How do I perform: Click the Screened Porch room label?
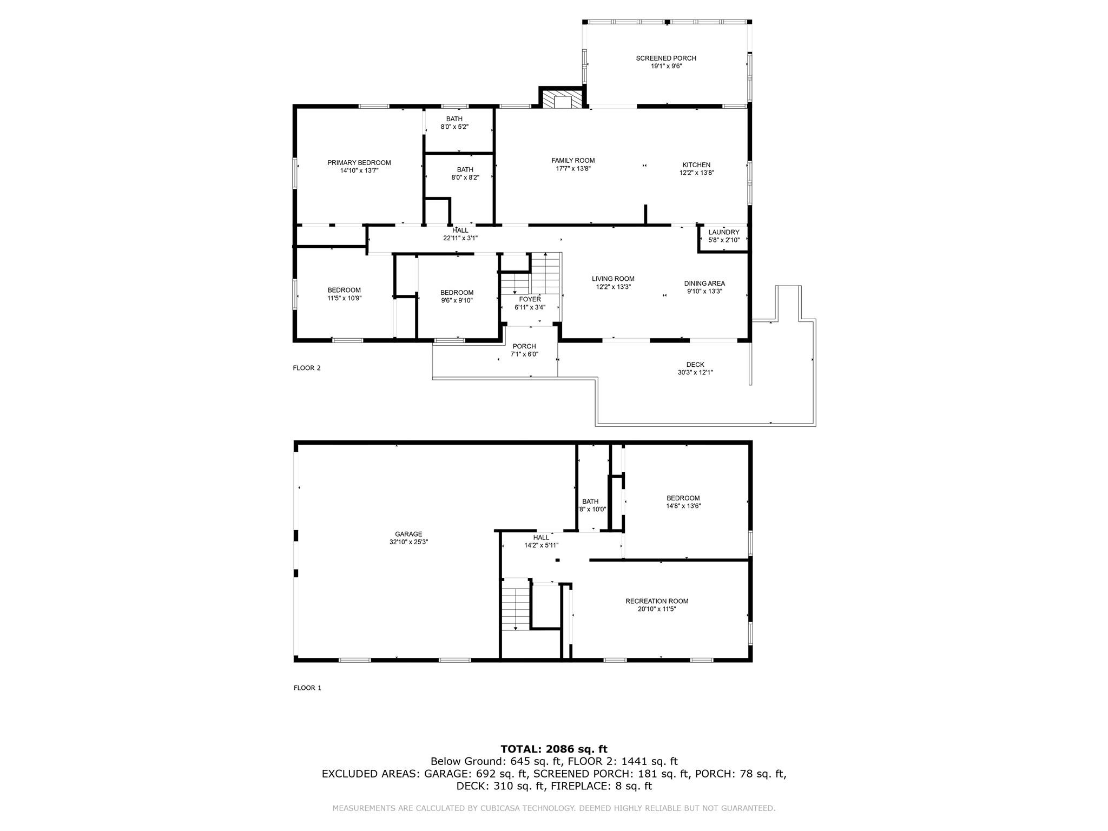[x=665, y=58]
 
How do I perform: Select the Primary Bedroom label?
[x=359, y=163]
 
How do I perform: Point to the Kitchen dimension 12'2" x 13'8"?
[x=696, y=173]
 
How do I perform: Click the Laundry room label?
[x=723, y=232]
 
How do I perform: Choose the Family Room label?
[x=573, y=161]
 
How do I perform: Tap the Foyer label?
[x=530, y=299]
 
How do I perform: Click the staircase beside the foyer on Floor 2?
[x=545, y=273]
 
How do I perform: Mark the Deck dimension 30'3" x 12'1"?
[x=695, y=372]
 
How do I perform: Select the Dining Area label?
[x=704, y=283]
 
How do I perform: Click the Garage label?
[x=408, y=534]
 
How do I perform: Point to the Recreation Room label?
[x=656, y=601]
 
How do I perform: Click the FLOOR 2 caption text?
[x=307, y=368]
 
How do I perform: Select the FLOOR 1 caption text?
[x=307, y=688]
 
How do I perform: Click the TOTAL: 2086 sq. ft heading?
[x=553, y=749]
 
